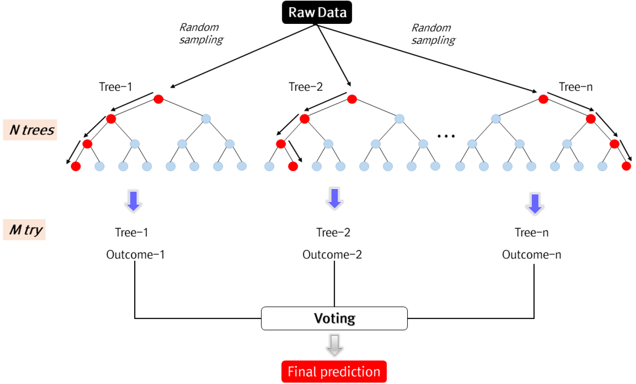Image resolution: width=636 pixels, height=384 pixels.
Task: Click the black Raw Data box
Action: point(317,12)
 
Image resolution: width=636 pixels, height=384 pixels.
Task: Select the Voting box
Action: point(334,318)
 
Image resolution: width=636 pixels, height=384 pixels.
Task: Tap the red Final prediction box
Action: point(334,371)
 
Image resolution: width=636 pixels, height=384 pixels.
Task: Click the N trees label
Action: point(30,130)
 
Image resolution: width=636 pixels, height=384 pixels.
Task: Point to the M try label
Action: point(24,230)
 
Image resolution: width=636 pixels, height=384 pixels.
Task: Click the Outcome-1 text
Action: point(135,254)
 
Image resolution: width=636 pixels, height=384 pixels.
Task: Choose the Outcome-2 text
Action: point(332,254)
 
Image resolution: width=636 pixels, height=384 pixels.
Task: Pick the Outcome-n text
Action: point(532,254)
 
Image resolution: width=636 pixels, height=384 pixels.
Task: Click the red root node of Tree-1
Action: point(158,99)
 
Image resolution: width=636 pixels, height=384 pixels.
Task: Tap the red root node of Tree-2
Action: point(352,99)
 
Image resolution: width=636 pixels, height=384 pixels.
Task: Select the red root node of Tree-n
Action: point(543,99)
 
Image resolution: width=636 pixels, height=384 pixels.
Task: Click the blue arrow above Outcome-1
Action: point(133,201)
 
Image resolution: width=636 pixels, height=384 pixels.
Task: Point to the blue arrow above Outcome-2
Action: point(334,199)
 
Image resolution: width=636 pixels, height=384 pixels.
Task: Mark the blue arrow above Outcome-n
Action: point(535,204)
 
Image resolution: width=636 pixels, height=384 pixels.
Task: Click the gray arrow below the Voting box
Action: point(334,345)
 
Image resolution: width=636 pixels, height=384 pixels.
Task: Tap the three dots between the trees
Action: point(446,136)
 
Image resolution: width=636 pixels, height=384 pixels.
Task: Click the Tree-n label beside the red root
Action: point(576,87)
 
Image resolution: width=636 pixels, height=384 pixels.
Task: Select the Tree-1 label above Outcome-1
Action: point(131,232)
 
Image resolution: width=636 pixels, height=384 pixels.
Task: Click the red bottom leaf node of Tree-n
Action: point(626,166)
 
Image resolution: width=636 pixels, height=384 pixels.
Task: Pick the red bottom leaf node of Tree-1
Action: point(76,166)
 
